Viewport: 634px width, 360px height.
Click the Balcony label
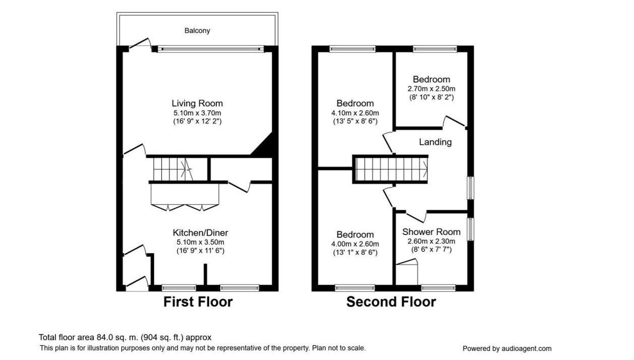197,31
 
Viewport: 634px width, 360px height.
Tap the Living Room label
197,103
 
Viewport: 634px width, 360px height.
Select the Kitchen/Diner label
200,233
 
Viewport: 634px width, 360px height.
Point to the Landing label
435,142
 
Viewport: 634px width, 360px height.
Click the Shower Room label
431,232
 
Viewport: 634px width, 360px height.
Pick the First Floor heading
198,302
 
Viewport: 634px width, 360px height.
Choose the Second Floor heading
391,302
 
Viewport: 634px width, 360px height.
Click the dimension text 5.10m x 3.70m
197,113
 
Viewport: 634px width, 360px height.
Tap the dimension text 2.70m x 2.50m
431,89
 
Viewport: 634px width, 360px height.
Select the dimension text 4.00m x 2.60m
355,244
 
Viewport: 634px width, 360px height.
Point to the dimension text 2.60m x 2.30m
431,241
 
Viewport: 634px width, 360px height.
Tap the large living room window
210,49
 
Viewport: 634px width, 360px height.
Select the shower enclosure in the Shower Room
406,273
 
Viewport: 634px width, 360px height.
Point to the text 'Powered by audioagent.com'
506,348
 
